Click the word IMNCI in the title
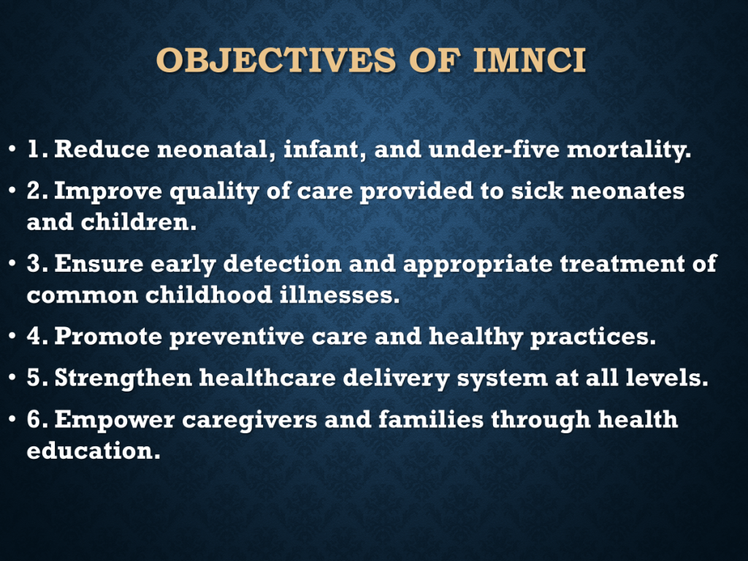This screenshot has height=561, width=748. click(530, 61)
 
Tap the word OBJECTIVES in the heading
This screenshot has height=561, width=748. click(276, 61)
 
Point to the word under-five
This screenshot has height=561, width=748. click(494, 149)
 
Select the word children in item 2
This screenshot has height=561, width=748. click(138, 222)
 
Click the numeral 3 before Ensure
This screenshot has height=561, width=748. click(34, 263)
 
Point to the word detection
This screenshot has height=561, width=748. click(283, 263)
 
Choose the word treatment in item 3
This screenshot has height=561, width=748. click(622, 263)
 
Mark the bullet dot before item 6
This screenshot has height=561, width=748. click(12, 420)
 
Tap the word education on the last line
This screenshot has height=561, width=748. click(93, 451)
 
